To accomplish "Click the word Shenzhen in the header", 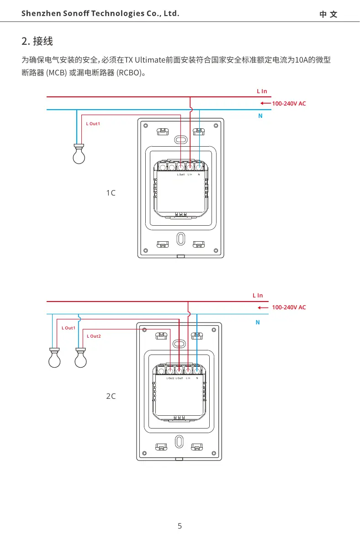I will click(40, 14).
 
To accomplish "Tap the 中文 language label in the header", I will click(328, 14).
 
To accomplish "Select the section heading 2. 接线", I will click(37, 42).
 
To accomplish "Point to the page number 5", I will click(180, 526).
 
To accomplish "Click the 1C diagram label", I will click(111, 193).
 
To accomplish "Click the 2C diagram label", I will click(111, 396).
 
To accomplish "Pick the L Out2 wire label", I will click(94, 336).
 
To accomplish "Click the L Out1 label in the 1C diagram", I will click(93, 124).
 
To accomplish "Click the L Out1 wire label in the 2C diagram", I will click(69, 328).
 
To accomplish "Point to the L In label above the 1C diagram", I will click(261, 92).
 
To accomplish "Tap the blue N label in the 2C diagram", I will click(258, 323).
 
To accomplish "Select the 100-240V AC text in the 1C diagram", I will click(289, 104).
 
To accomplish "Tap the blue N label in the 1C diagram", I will click(260, 116).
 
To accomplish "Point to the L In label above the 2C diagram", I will click(258, 296).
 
